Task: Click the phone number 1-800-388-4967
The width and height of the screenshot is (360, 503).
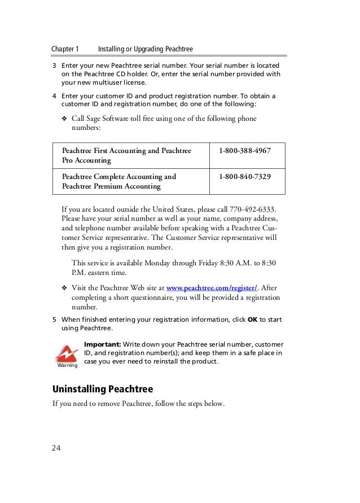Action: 244,151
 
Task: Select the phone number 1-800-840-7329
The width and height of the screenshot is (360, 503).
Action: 244,177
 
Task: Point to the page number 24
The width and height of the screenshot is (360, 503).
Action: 56,448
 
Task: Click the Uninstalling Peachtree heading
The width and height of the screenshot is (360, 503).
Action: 103,389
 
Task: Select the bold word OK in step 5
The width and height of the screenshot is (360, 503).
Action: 252,320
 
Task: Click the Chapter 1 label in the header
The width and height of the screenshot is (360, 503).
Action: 65,49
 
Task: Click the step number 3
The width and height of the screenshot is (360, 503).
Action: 55,64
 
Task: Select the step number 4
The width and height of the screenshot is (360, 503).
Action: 55,96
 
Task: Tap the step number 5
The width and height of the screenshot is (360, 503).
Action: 55,320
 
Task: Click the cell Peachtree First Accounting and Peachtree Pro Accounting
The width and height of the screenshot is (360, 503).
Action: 127,155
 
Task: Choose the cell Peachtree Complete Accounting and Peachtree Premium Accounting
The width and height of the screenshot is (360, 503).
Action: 120,181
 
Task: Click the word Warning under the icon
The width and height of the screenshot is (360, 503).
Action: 67,365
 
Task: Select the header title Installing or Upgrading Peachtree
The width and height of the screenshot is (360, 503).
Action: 146,49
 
